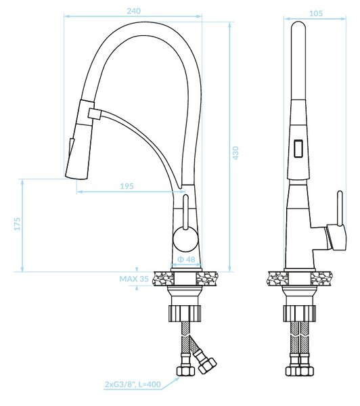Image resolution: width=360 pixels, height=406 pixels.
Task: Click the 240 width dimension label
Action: (133, 11)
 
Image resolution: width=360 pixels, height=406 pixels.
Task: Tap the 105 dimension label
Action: (316, 14)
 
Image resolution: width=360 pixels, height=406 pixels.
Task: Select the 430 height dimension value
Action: (235, 153)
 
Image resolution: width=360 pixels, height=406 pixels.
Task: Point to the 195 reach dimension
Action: (127, 186)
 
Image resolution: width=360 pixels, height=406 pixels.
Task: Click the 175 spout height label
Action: (17, 224)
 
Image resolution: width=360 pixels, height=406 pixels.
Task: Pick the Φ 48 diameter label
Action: (187, 259)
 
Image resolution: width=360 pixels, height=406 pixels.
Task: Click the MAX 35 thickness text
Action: (134, 279)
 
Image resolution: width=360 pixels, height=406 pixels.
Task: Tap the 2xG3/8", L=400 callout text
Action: (133, 384)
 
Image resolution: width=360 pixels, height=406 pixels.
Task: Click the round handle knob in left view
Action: (185, 239)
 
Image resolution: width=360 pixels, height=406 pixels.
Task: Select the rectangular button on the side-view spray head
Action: (298, 148)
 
